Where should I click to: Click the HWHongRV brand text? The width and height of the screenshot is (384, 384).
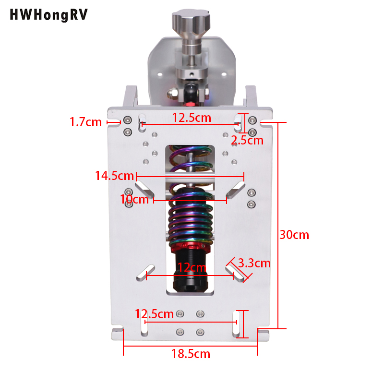48,15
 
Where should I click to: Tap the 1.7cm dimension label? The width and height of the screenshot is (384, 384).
85,122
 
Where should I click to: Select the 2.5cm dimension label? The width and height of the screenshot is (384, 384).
247,140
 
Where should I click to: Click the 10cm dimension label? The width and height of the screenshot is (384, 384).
134,199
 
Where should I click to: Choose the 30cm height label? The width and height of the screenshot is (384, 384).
295,235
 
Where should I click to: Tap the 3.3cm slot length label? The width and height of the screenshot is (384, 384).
254,263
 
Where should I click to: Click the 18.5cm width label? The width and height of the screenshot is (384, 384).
191,354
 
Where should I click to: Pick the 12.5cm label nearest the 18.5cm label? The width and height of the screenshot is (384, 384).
154,314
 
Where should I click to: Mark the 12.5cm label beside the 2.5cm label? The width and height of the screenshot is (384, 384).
192,117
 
